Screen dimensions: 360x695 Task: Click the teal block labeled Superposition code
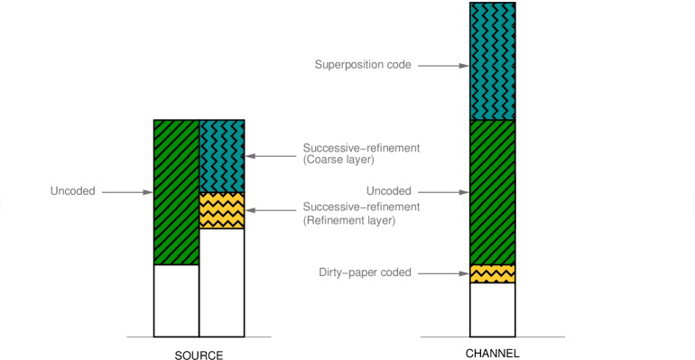(x=492, y=61)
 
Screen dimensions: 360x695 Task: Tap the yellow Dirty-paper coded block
(x=492, y=273)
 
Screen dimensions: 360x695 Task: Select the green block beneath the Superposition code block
(x=492, y=192)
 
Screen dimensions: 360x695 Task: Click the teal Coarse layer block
(x=221, y=156)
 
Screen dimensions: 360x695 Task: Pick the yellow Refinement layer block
(x=221, y=210)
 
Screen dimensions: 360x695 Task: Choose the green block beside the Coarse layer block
(x=176, y=192)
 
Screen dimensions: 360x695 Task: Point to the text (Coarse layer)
(x=338, y=160)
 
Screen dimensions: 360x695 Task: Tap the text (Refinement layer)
(x=349, y=219)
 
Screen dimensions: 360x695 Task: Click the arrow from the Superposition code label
(x=442, y=66)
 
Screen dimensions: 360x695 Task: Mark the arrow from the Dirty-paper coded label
(x=442, y=272)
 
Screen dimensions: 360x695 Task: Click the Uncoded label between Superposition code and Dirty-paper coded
(x=389, y=191)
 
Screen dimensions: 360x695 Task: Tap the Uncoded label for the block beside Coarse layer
(x=73, y=191)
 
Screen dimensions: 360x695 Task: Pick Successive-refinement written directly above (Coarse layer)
(x=362, y=147)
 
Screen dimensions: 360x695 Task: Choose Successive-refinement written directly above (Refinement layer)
(x=362, y=207)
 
